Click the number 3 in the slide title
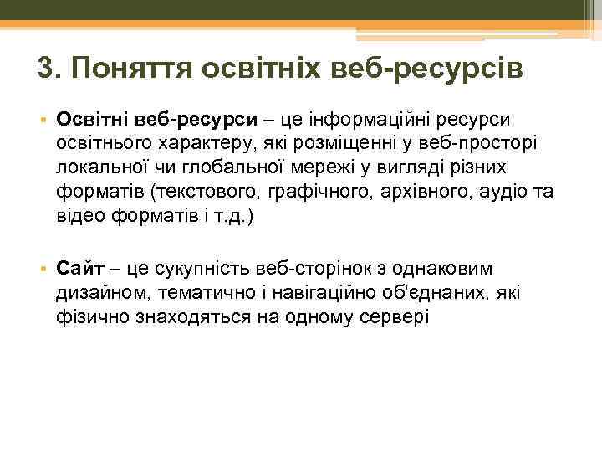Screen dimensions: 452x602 pyautogui.click(x=47, y=69)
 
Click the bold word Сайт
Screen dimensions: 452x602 pyautogui.click(x=80, y=269)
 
